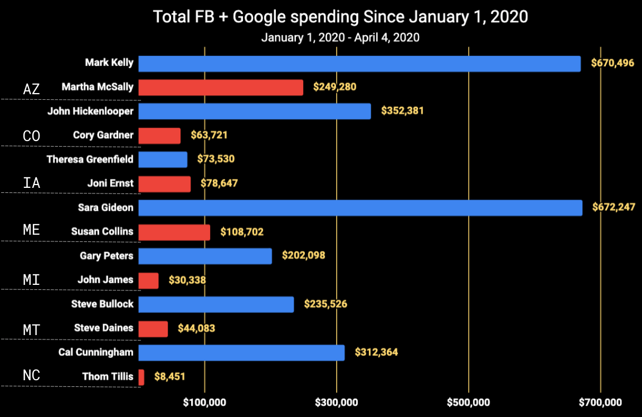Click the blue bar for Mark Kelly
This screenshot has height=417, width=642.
[x=359, y=64]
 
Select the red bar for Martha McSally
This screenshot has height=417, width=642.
[x=221, y=88]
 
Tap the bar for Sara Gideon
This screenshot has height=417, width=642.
[x=360, y=208]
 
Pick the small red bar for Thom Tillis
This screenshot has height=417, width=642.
[x=142, y=377]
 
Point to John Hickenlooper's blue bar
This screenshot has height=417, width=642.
[x=254, y=111]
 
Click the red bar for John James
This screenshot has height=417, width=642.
[x=148, y=280]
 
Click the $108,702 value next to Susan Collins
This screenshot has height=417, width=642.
[x=242, y=232]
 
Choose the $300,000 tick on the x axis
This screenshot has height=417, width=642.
[x=337, y=402]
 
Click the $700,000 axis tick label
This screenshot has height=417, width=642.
[x=600, y=402]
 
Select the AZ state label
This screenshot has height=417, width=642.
[x=32, y=89]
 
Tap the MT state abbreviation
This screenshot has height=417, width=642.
[x=32, y=329]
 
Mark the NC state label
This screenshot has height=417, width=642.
[x=32, y=376]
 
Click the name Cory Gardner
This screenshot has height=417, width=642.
[x=103, y=135]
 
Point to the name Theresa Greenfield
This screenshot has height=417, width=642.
[x=90, y=159]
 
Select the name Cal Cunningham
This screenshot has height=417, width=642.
[x=96, y=352]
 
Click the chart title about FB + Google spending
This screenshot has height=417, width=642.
[x=340, y=17]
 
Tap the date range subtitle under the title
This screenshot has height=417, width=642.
[x=340, y=38]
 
